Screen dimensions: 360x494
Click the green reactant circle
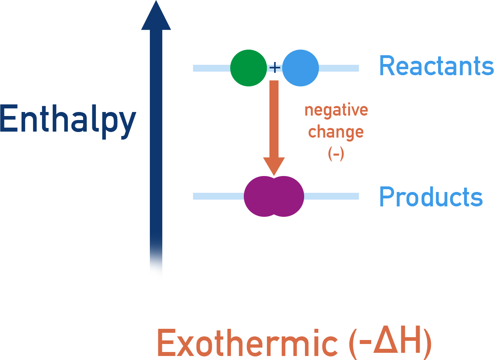[x=248, y=68]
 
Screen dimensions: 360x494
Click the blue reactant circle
[x=301, y=68]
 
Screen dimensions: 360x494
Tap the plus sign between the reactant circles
[x=275, y=68]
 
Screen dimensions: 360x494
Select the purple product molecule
[x=274, y=196]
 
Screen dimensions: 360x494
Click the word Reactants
[x=436, y=66]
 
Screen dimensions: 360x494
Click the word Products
[x=430, y=196]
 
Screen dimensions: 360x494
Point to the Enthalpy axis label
[x=68, y=119]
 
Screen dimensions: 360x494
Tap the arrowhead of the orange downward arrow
[x=274, y=166]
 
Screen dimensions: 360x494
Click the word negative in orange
[x=336, y=110]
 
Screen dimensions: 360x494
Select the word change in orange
[x=336, y=132]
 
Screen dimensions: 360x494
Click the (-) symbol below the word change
[x=336, y=154]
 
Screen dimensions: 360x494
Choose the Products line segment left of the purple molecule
[x=218, y=196]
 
